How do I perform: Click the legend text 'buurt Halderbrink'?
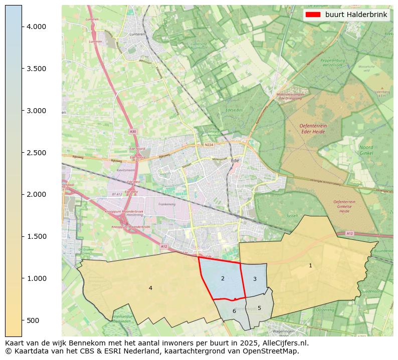(356, 15)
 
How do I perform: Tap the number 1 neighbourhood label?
(310, 265)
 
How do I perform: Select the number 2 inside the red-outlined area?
(223, 278)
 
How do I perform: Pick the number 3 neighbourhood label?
(255, 279)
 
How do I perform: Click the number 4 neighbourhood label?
(150, 288)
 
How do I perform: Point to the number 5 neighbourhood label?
(259, 308)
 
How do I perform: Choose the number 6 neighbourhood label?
(234, 311)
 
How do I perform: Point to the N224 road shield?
(209, 146)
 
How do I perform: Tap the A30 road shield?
(132, 132)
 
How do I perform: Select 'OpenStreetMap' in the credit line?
(274, 351)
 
